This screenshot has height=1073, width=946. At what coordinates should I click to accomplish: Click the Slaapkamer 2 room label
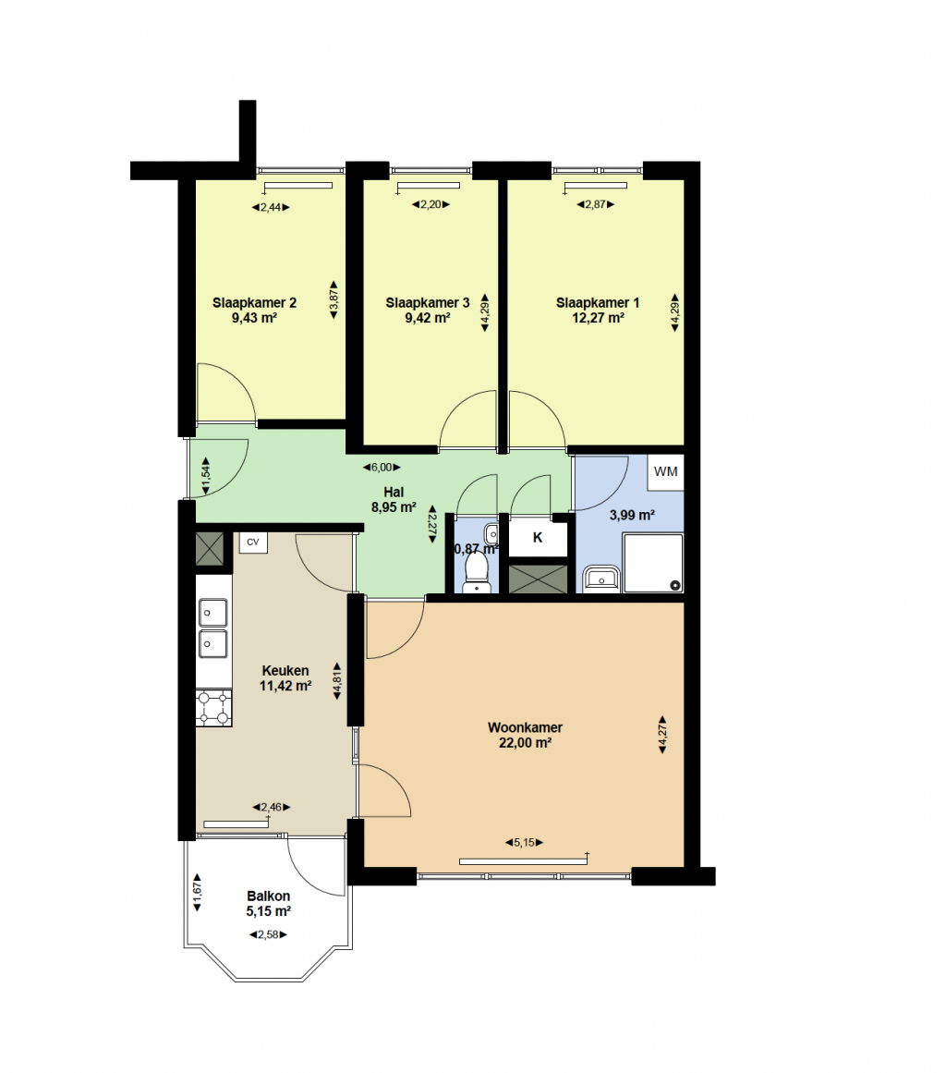[254, 302]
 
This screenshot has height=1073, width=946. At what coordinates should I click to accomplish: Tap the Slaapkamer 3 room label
[428, 302]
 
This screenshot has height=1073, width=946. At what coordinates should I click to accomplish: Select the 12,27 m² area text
[598, 318]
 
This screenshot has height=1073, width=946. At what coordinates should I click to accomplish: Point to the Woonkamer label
[525, 727]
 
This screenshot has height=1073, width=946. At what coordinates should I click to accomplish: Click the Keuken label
[285, 671]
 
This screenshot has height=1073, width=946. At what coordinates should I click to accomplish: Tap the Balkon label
[268, 896]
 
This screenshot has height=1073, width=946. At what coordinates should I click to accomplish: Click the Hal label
[394, 492]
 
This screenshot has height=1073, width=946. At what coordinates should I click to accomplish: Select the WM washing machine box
[665, 471]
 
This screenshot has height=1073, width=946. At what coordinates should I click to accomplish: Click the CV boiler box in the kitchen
[253, 542]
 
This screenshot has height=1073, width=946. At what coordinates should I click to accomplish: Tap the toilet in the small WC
[476, 573]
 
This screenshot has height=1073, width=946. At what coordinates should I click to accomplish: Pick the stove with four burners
[214, 708]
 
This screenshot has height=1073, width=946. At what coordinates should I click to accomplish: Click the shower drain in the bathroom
[675, 585]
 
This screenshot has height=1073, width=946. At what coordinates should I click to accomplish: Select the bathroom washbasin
[601, 579]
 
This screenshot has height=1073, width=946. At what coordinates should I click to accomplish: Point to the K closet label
[538, 538]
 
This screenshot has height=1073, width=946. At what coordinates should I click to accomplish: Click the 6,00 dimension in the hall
[382, 468]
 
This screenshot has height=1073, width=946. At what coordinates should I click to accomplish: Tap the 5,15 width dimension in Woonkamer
[524, 842]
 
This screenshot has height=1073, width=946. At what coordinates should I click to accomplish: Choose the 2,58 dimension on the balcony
[268, 934]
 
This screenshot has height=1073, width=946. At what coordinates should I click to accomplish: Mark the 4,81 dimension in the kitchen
[337, 681]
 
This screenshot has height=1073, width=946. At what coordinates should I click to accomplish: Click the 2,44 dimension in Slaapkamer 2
[271, 207]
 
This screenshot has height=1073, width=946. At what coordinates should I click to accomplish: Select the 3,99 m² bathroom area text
[632, 516]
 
